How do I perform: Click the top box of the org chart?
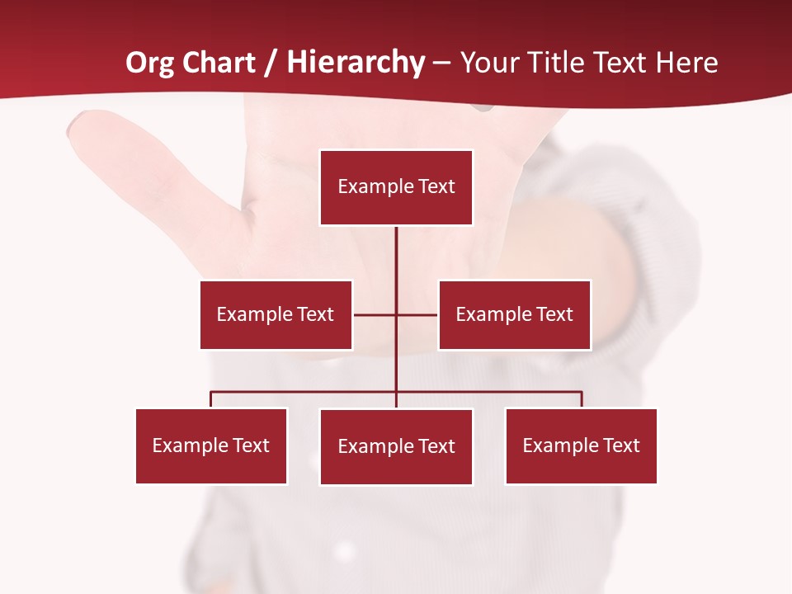tap(396, 187)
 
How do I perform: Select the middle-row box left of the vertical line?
tap(276, 314)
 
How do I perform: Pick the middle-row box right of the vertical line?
tap(514, 314)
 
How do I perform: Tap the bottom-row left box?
tap(211, 445)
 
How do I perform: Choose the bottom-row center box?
tap(396, 446)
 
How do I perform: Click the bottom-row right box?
tap(581, 445)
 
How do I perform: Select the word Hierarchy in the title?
tap(356, 63)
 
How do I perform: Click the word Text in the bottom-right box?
tap(621, 445)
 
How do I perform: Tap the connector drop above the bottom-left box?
tap(211, 400)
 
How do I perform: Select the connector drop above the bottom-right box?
tap(582, 400)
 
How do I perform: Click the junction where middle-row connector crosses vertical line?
tap(396, 314)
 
